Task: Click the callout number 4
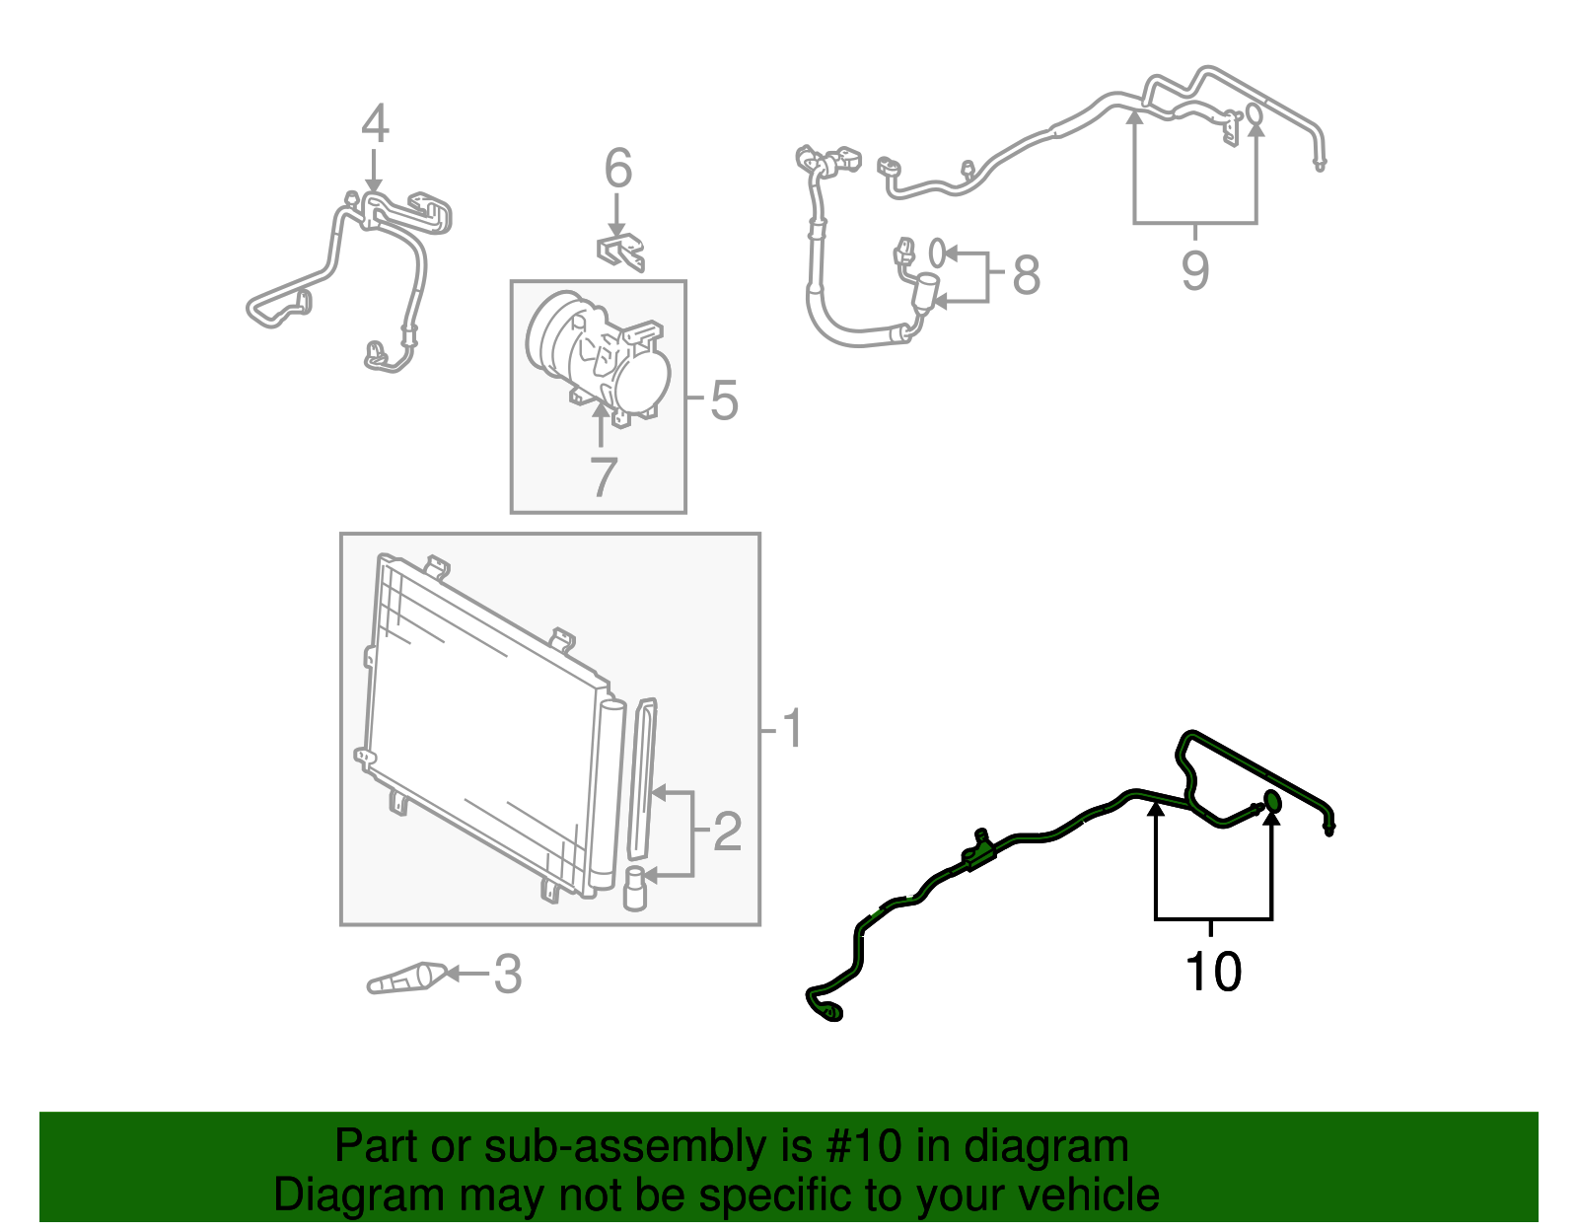375,124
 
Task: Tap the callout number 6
617,169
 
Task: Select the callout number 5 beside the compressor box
724,400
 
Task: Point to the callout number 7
602,477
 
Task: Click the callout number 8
1026,275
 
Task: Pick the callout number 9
1195,270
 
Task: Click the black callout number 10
1213,973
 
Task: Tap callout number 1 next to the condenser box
792,730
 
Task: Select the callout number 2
727,833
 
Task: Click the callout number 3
507,975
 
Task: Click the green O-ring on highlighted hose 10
1272,801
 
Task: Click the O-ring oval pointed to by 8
937,252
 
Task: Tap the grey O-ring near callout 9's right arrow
1255,115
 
